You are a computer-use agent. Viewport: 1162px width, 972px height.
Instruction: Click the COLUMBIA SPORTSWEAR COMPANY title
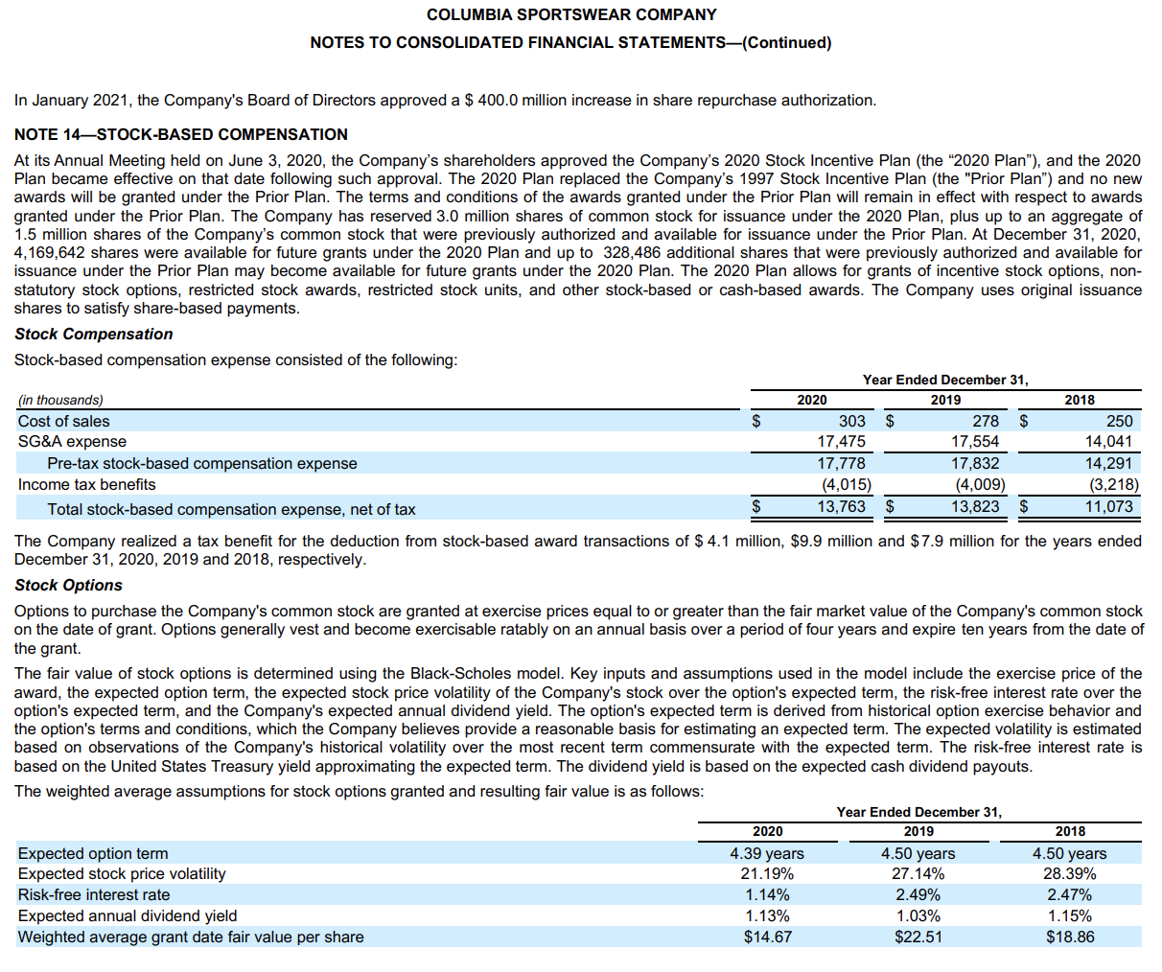coord(571,15)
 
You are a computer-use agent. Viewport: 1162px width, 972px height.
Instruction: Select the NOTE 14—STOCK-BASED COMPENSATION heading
coord(181,134)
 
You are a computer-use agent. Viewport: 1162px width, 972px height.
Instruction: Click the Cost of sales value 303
coord(851,421)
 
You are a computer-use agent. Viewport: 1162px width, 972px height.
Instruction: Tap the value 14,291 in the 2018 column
coord(1108,463)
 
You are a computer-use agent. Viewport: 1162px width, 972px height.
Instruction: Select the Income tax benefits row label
coord(87,485)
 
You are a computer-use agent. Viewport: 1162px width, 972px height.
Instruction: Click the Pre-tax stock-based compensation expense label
coord(202,464)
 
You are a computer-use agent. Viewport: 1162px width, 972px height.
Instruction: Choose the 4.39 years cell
coord(767,853)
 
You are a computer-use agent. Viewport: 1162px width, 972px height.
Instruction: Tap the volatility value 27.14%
coord(918,874)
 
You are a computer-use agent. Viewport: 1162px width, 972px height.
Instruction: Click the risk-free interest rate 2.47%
coord(1070,895)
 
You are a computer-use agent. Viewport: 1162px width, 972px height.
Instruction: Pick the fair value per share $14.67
coord(768,937)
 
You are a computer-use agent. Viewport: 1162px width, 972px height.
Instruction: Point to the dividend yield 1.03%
coord(918,916)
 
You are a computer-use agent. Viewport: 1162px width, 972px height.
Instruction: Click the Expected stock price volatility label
coord(122,874)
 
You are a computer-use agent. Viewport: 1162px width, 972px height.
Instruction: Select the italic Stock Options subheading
coord(69,586)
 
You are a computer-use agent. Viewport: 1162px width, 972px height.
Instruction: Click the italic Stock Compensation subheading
coord(94,335)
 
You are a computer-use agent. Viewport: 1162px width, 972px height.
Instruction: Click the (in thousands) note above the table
coord(60,401)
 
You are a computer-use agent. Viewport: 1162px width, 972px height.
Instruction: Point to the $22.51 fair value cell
coord(918,937)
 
